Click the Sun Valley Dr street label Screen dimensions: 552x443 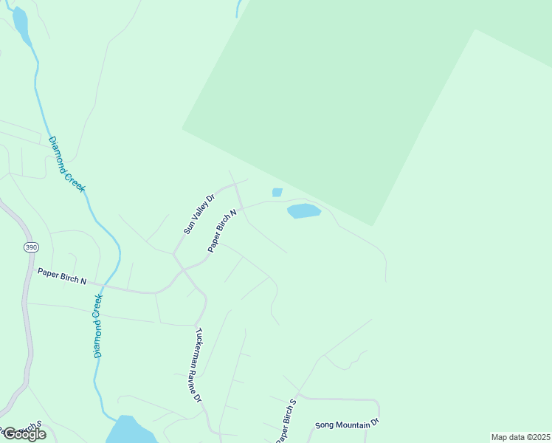199,214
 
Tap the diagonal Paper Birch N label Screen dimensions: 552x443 222,231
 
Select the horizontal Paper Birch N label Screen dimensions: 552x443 62,277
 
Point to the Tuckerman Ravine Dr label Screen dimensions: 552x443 199,364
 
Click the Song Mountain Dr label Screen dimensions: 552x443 346,424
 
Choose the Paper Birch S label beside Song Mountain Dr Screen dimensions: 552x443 286,422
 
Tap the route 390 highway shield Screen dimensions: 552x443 30,247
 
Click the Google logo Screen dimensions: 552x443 24,434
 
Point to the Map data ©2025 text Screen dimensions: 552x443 520,437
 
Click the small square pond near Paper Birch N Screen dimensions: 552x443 277,193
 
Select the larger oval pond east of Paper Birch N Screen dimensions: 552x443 303,211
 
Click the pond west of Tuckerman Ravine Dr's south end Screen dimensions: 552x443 130,430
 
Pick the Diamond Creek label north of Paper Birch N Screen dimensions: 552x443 67,165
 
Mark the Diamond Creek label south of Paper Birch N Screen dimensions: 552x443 97,326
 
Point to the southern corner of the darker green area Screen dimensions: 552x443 373,225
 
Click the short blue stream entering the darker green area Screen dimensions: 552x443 238,8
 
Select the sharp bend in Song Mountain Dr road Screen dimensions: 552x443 377,403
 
